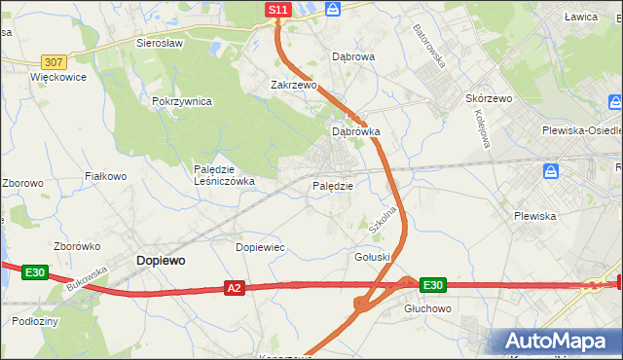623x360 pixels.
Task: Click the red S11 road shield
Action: coord(278,9)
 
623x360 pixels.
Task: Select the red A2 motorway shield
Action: coord(234,288)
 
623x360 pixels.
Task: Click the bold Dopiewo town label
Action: coord(162,261)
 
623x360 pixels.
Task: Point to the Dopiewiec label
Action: coord(261,247)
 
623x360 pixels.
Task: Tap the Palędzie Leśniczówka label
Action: coord(224,174)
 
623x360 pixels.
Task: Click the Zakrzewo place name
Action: coord(294,85)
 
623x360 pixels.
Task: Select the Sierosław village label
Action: coord(161,44)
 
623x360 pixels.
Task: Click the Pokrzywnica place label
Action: coord(182,101)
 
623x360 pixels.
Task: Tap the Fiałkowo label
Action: coord(106,176)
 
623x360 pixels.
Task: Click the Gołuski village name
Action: coord(372,256)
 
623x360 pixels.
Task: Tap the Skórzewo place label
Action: coord(489,99)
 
